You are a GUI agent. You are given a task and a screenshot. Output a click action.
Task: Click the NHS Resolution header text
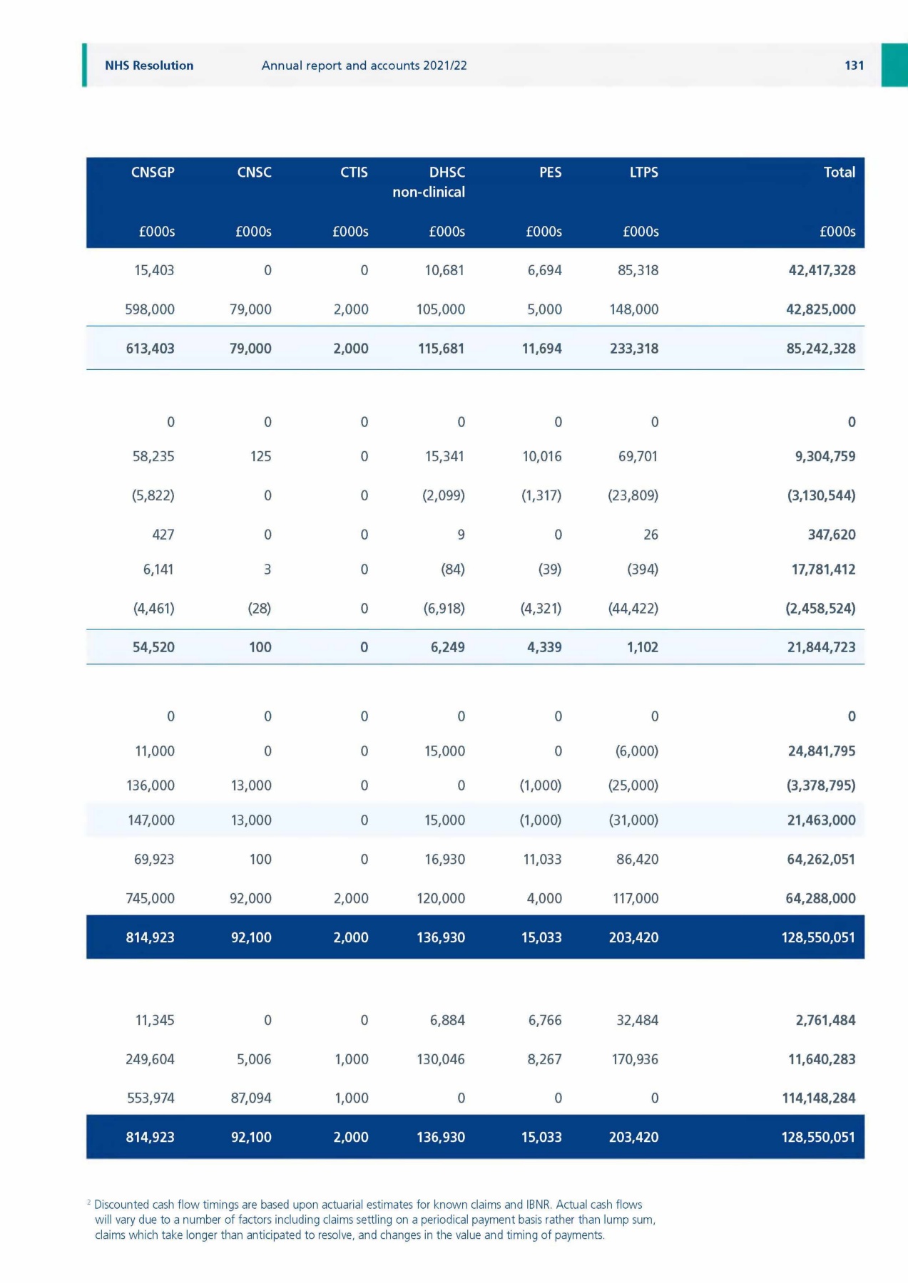coord(149,66)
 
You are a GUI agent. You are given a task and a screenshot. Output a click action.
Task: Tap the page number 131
coord(854,66)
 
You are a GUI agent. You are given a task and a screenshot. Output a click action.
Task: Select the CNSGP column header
coord(153,172)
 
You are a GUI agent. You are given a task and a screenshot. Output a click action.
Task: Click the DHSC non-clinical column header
coord(429,182)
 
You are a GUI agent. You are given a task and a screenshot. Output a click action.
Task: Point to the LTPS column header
coord(643,172)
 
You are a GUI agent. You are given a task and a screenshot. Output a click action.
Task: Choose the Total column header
coord(839,172)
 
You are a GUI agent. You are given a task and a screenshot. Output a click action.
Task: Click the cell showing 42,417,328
coord(822,271)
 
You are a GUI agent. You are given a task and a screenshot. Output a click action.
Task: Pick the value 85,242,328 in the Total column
coord(820,349)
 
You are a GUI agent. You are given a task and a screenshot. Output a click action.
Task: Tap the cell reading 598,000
coord(150,309)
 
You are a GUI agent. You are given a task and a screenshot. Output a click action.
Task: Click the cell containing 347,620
coord(831,535)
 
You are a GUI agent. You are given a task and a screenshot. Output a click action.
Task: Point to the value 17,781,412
coord(823,570)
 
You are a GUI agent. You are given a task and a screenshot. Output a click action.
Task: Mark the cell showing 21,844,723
coord(821,647)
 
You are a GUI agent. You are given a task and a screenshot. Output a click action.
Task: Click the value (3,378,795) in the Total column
coord(821,785)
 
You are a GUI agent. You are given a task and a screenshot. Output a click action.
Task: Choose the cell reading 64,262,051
coord(821,860)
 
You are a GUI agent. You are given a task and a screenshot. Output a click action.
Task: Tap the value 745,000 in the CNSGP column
coord(150,899)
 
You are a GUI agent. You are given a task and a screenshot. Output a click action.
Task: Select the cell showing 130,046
coord(441,1060)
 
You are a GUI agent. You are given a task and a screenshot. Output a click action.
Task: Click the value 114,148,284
coord(819,1098)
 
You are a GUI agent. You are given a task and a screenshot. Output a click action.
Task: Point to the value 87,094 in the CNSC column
coord(251,1098)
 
